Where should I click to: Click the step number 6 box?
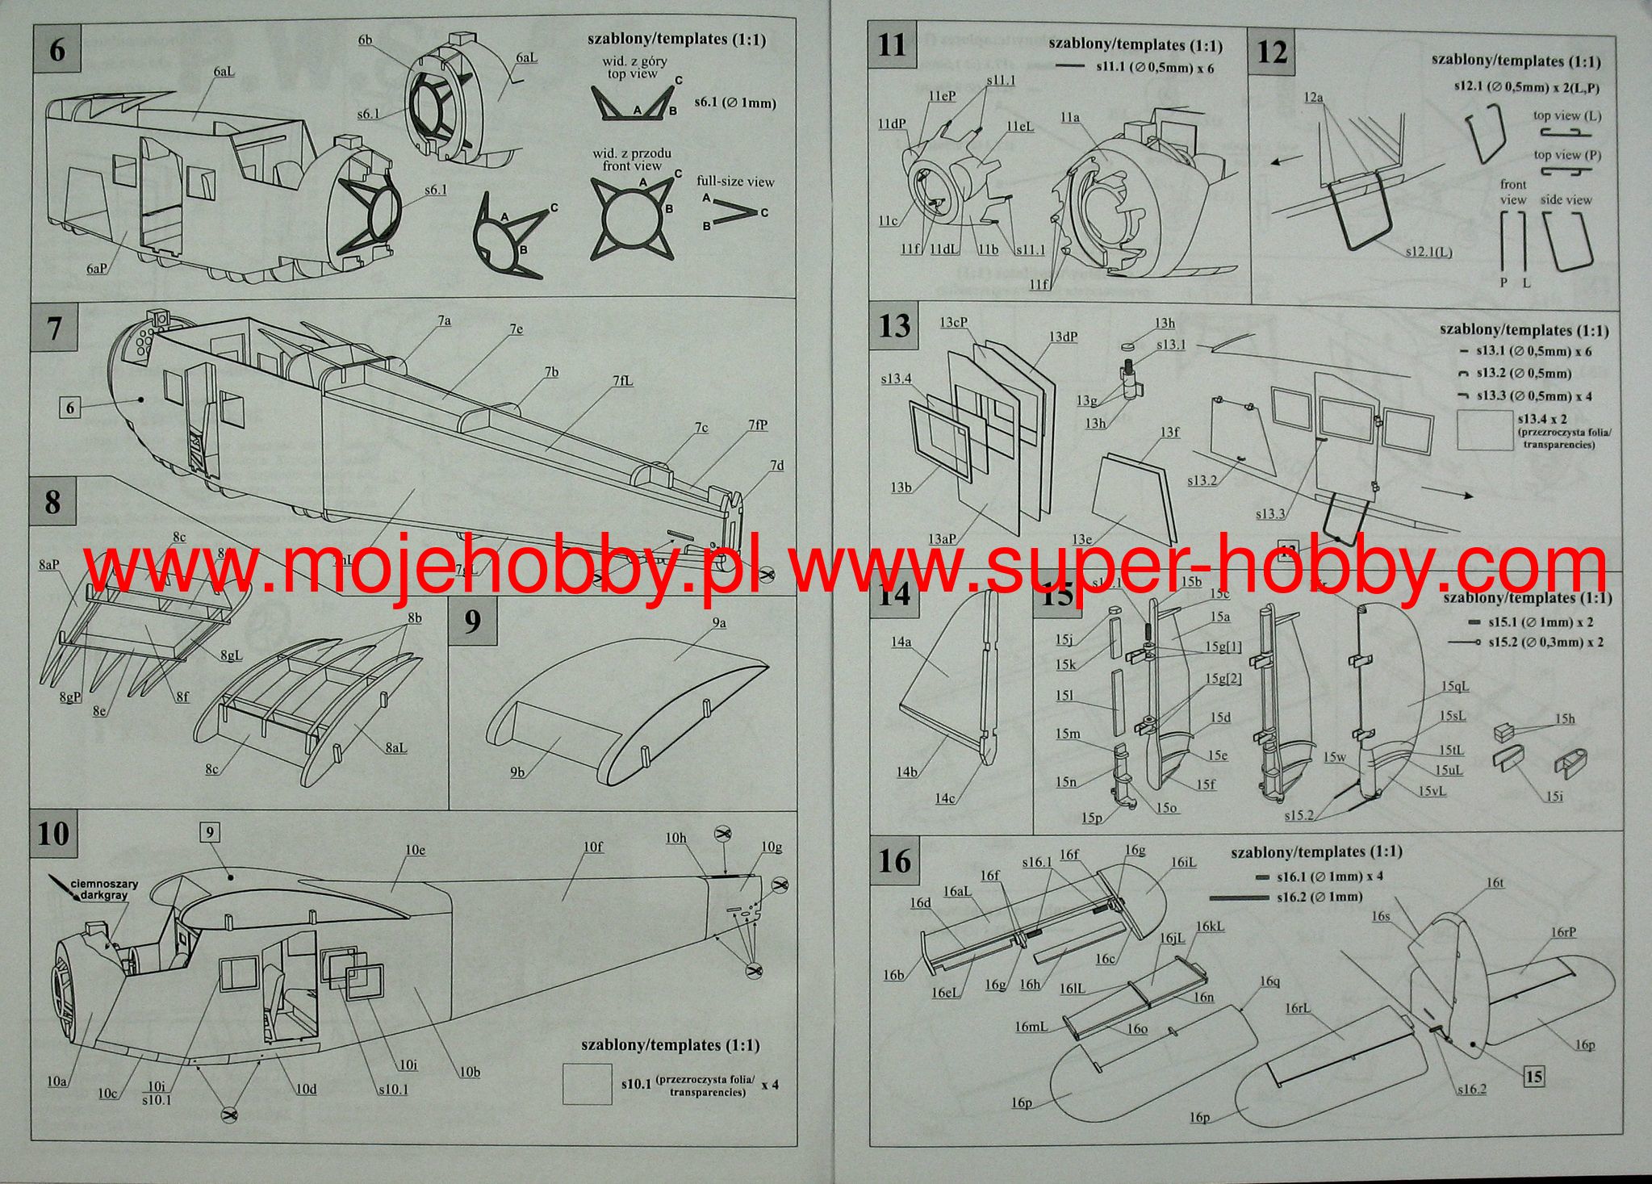(x=56, y=50)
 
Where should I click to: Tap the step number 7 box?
(x=54, y=328)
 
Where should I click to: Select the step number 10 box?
(x=54, y=833)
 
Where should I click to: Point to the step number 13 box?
(x=894, y=327)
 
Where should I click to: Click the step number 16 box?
(x=894, y=861)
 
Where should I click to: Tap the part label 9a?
(x=719, y=622)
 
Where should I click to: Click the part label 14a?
(x=901, y=642)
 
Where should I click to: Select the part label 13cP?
(x=953, y=322)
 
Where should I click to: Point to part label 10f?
(x=593, y=847)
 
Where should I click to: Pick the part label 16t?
(x=1495, y=883)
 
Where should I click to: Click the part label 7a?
(x=444, y=320)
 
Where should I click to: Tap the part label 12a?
(x=1313, y=98)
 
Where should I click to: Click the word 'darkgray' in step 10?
(x=104, y=896)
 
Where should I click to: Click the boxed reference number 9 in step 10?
(x=210, y=832)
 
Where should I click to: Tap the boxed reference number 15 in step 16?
(x=1534, y=1076)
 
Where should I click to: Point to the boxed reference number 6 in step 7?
(x=70, y=408)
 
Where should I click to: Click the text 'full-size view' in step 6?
(x=735, y=182)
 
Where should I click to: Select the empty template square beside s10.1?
(x=588, y=1084)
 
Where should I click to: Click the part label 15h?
(x=1565, y=718)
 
